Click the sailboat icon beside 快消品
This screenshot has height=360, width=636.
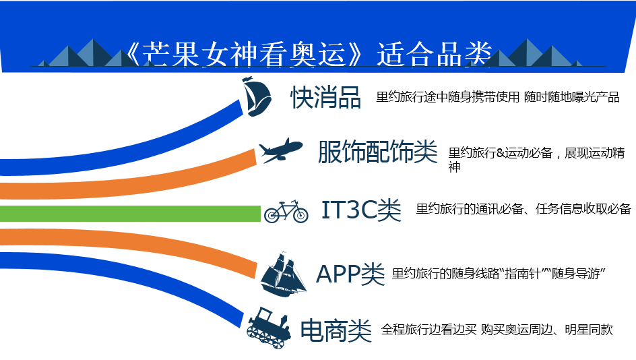pos(256,96)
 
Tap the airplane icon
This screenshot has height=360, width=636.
pos(281,150)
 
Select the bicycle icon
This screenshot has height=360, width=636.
pos(286,211)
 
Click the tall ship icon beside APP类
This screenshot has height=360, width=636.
pos(283,274)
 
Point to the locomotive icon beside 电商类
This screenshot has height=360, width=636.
pos(269,328)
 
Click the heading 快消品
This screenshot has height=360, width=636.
pos(325,97)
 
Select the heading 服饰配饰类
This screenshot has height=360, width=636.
pos(377,152)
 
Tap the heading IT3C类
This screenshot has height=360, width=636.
pos(361,210)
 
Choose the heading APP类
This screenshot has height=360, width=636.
pos(350,274)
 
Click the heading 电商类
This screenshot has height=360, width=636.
pos(336,330)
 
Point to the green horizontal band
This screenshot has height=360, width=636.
pos(130,214)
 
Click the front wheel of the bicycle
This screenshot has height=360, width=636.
pos(300,215)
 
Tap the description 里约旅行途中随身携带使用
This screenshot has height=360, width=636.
pos(448,97)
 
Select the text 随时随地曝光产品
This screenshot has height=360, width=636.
pos(571,97)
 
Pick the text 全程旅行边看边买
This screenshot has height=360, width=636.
pos(428,330)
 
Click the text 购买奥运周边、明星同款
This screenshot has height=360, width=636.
pos(547,330)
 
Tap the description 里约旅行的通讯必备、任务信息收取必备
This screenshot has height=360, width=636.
pos(523,208)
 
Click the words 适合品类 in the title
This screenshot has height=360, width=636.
pos(435,54)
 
